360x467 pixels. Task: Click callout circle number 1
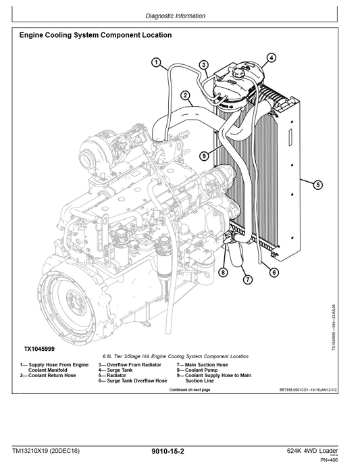click(x=156, y=64)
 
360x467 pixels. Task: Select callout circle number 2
click(x=184, y=96)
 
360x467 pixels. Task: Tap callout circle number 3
click(x=203, y=65)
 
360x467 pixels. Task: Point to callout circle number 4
click(x=270, y=58)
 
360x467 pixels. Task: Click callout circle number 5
click(x=317, y=184)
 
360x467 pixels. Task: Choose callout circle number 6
click(x=274, y=272)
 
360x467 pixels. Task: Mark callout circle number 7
click(x=248, y=279)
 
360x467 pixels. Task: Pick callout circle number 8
click(x=222, y=272)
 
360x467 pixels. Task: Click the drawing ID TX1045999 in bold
click(x=44, y=349)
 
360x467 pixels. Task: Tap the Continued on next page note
click(x=195, y=390)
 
